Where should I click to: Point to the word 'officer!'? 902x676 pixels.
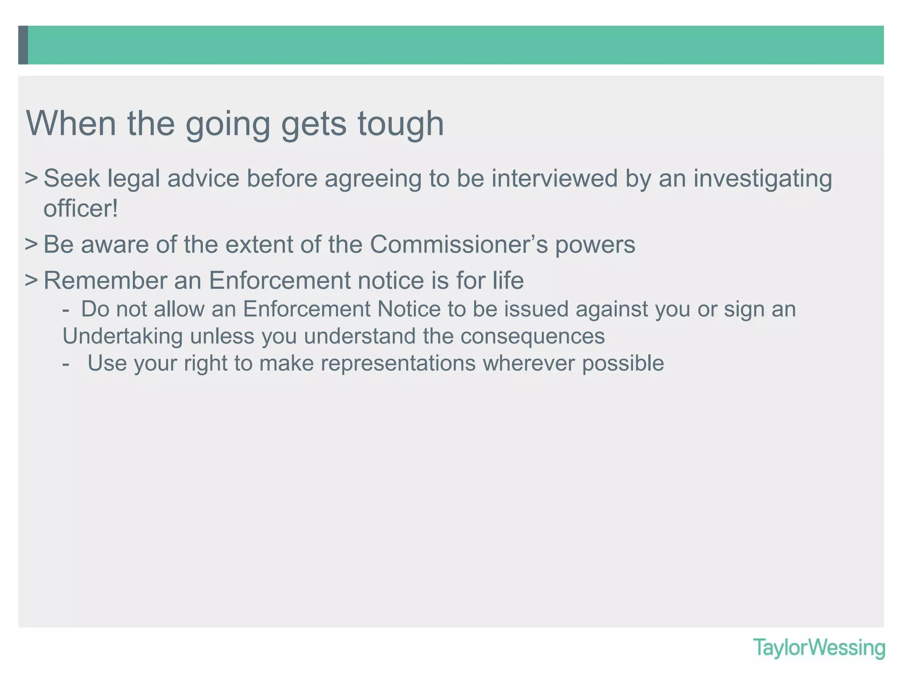81,208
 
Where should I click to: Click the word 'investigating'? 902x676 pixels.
762,179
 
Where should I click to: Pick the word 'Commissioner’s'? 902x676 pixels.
458,244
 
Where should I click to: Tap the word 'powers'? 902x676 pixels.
595,245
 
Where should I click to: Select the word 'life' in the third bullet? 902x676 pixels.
508,280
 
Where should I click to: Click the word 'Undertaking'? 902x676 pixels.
122,336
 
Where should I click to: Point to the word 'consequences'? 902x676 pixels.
532,336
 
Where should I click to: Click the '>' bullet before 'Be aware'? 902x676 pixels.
31,244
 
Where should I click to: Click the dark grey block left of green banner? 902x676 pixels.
23,45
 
